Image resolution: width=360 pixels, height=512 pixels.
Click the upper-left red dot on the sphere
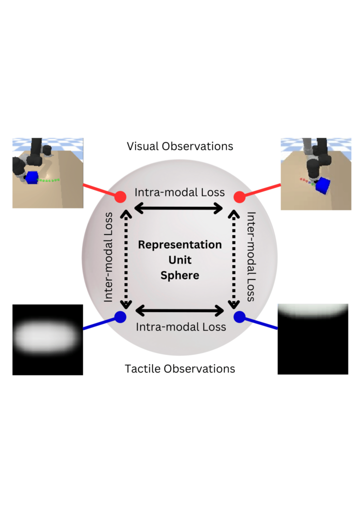tap(120, 197)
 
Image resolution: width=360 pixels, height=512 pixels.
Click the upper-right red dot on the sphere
tap(239, 197)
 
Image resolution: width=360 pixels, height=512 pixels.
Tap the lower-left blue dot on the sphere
tap(120, 316)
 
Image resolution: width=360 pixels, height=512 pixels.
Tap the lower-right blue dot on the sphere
tap(239, 316)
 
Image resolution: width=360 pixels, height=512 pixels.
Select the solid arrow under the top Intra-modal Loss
tap(178, 208)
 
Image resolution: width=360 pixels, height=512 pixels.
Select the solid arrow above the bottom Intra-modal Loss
tap(179, 310)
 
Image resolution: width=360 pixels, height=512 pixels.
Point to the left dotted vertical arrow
tap(126, 259)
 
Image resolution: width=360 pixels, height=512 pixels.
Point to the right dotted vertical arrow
tap(234, 259)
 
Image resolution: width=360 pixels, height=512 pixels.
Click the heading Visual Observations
tap(180, 146)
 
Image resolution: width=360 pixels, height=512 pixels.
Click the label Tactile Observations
tap(180, 368)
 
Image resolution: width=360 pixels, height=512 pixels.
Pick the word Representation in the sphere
tap(180, 244)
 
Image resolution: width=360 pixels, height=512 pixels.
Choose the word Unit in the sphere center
tap(180, 260)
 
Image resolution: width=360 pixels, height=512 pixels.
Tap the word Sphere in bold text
tap(180, 275)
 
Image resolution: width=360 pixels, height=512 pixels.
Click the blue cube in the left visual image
tap(31, 177)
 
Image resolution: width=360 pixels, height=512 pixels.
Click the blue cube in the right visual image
tap(323, 185)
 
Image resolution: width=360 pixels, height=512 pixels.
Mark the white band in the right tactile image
tap(313, 310)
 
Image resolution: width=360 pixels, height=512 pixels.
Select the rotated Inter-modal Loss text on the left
tap(108, 257)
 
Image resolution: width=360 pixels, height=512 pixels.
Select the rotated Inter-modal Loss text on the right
tap(251, 256)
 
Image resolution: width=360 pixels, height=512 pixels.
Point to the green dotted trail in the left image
tap(48, 180)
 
